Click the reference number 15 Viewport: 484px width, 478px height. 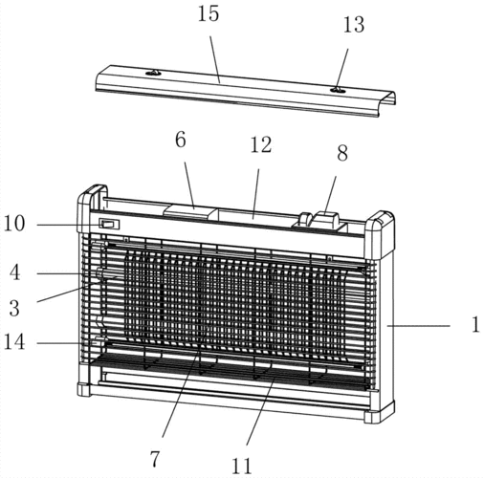click(209, 13)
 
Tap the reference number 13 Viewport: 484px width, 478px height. click(354, 25)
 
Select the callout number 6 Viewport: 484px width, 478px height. click(181, 140)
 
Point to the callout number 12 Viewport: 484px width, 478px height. click(261, 145)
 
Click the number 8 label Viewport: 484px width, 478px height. click(342, 153)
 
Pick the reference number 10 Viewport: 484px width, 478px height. click(14, 224)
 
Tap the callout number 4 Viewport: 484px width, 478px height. click(14, 273)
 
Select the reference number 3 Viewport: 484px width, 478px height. click(14, 309)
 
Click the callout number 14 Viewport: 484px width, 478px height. click(14, 342)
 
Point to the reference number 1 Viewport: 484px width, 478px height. click(475, 325)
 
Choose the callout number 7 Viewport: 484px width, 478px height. click(154, 460)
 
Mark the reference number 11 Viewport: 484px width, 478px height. click(241, 467)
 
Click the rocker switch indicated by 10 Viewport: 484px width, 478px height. click(109, 224)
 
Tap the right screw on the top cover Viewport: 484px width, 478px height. click(338, 90)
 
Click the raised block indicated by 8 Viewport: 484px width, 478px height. click(325, 219)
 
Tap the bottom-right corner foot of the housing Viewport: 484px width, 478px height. click(379, 412)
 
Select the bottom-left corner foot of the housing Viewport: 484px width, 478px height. click(84, 389)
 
